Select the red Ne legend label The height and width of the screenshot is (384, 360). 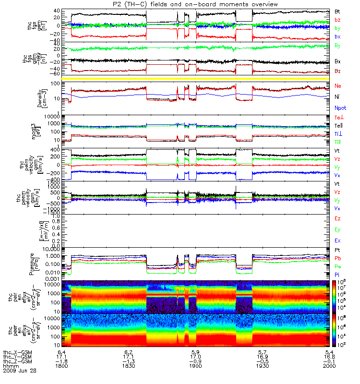pyautogui.click(x=338, y=85)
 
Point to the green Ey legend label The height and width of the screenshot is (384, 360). pyautogui.click(x=338, y=229)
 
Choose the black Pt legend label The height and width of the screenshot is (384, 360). pyautogui.click(x=337, y=251)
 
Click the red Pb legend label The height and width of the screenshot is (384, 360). pyautogui.click(x=338, y=258)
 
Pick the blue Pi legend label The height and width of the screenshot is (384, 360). pyautogui.click(x=337, y=274)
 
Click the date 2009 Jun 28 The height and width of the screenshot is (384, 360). pyautogui.click(x=20, y=371)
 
